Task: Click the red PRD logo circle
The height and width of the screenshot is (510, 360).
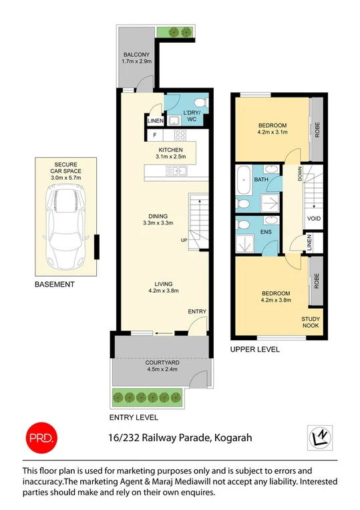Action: [41, 437]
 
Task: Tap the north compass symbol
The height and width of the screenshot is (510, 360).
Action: [320, 437]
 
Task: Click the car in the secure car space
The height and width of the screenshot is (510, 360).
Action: [65, 227]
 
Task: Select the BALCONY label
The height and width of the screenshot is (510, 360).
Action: [136, 55]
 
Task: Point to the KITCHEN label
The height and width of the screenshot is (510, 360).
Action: [170, 150]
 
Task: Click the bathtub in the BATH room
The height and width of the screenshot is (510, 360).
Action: [243, 180]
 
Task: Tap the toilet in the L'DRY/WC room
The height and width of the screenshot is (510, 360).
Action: [202, 103]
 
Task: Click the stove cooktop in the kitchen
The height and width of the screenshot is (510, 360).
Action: [180, 135]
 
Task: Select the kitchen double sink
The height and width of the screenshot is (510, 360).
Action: [176, 170]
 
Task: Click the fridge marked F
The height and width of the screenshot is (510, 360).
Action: [155, 135]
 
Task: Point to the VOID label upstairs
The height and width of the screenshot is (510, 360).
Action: [314, 219]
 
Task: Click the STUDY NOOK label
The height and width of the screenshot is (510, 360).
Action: [311, 322]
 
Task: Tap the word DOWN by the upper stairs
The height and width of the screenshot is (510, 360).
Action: [300, 174]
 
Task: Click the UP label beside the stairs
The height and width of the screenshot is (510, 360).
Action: [184, 241]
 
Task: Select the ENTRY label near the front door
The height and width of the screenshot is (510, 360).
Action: [197, 311]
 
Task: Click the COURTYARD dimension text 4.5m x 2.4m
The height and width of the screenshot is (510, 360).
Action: [162, 369]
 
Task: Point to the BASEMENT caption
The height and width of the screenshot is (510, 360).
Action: [55, 284]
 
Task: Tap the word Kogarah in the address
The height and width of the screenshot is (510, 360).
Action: [233, 438]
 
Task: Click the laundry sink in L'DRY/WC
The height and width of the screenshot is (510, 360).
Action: [174, 121]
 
